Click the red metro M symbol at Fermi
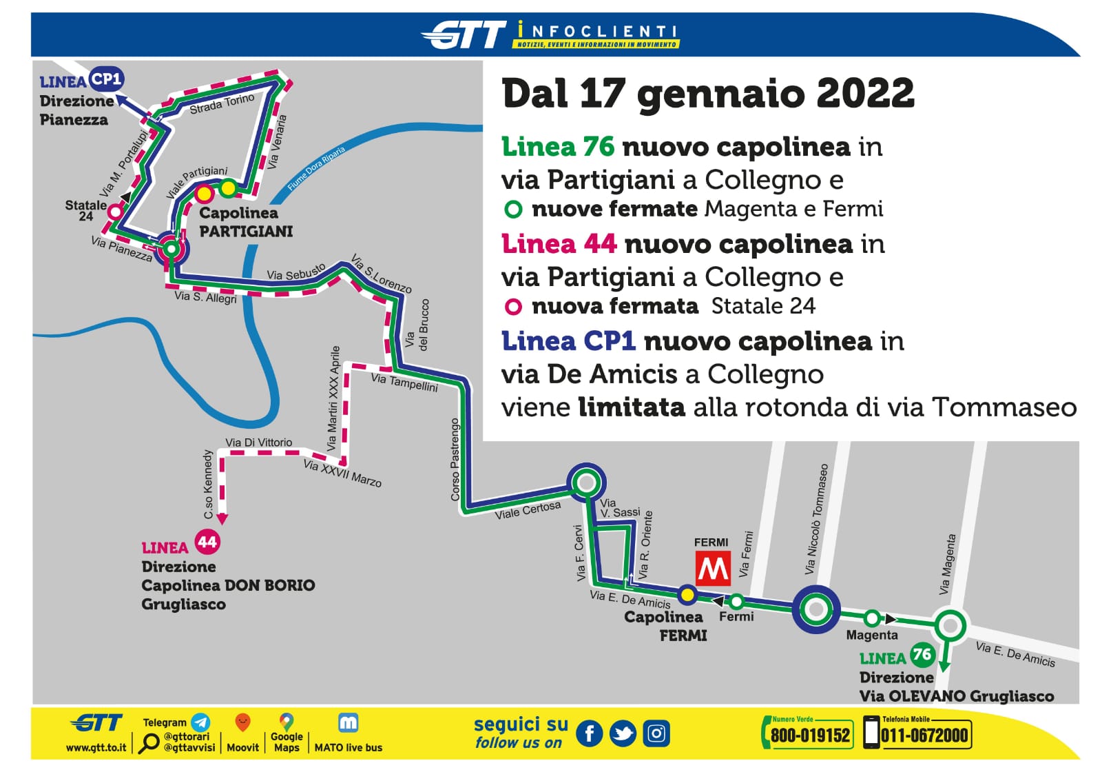pos(712,569)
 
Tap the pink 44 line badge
pos(207,542)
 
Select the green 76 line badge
pos(921,654)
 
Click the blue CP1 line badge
pos(106,79)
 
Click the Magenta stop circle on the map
pos(872,618)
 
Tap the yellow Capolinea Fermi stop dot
pos(687,594)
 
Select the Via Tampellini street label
pos(404,383)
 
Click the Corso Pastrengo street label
pos(455,459)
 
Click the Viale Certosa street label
pos(528,510)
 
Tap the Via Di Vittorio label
pos(258,443)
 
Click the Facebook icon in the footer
pos(589,734)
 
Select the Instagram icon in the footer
pos(656,734)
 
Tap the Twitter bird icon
pos(623,734)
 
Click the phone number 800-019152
pos(810,735)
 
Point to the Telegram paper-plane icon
pos(200,722)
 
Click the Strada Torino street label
pos(222,105)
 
